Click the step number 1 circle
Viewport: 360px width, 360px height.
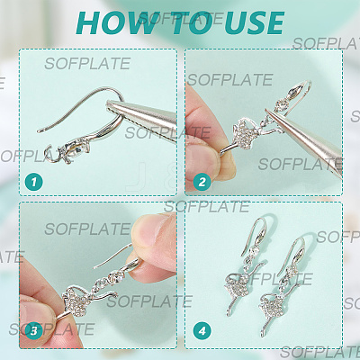(33, 182)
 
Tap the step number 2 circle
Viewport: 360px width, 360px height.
(202, 182)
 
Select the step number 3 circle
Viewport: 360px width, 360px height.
(33, 331)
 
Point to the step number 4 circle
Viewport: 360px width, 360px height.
(202, 331)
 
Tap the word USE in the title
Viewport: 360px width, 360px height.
(251, 23)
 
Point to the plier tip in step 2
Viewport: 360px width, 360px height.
(267, 112)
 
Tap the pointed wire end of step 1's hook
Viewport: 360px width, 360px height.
(39, 131)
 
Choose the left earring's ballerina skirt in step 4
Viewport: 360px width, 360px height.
(237, 286)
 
